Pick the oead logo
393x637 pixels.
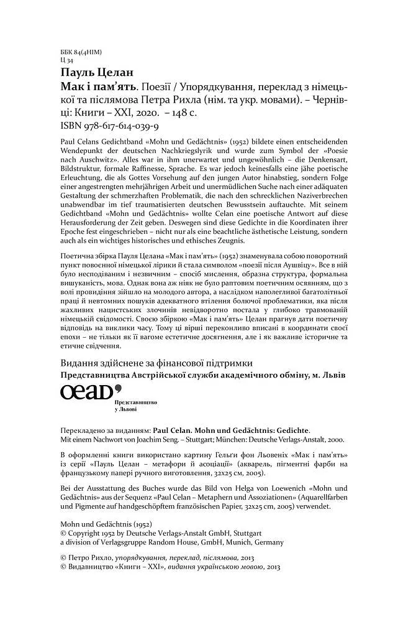(89, 393)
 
